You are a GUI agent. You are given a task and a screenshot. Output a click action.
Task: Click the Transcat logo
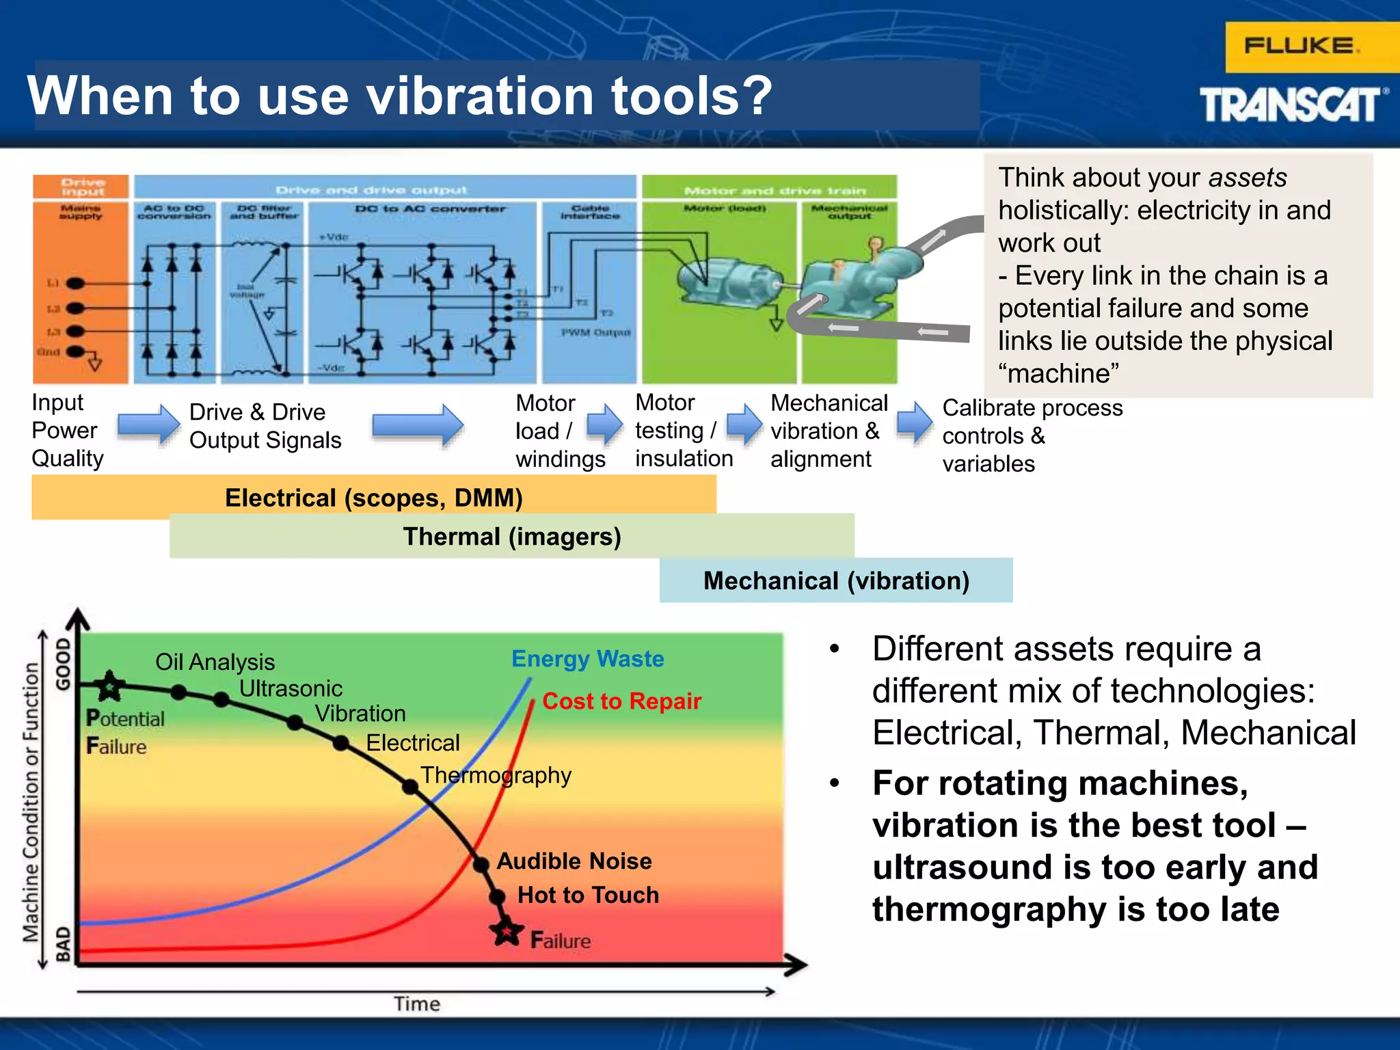[x=1292, y=105]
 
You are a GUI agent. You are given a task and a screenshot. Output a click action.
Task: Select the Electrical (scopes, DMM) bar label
[x=374, y=498]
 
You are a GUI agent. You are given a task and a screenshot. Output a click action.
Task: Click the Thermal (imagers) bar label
[x=512, y=537]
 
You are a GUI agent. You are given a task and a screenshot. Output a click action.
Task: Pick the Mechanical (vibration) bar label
[x=836, y=581]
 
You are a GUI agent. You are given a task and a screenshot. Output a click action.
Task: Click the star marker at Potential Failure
[x=110, y=686]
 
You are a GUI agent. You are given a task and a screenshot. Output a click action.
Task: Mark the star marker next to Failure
[x=507, y=932]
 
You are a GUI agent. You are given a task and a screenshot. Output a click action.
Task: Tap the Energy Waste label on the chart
[x=587, y=658]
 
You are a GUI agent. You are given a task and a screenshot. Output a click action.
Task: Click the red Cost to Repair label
[x=621, y=701]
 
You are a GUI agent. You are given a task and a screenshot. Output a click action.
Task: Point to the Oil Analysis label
[x=215, y=662]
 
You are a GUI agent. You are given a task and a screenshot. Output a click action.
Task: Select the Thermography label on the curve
[x=496, y=775]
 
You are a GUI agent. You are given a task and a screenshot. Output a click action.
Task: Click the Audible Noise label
[x=574, y=861]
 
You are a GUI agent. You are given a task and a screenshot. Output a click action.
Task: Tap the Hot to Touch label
[x=588, y=895]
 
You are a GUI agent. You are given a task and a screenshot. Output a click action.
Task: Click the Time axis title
[x=416, y=1004]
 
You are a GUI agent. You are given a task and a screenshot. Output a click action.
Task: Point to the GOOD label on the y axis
[x=63, y=664]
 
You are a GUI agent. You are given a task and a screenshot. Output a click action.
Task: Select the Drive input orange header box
[x=81, y=187]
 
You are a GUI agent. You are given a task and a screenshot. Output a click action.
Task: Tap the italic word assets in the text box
[x=1247, y=178]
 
